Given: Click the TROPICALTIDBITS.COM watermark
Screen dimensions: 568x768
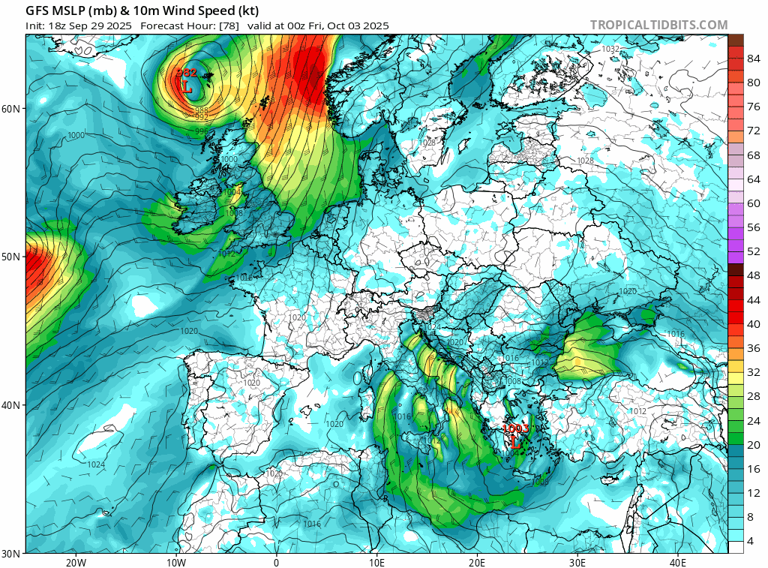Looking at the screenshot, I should [658, 25].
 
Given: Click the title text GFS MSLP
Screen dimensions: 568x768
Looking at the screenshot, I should [56, 11].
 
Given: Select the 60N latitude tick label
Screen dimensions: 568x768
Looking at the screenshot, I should [11, 109].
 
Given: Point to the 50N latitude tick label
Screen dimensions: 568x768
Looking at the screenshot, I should [11, 257].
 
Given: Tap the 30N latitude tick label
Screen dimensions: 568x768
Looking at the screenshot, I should [11, 554].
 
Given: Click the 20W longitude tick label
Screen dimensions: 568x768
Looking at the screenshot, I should [75, 563].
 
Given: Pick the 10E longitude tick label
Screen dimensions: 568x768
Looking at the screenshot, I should [376, 563].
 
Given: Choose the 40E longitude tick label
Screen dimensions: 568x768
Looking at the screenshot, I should [678, 563].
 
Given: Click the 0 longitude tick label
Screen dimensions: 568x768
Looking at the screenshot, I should [276, 563].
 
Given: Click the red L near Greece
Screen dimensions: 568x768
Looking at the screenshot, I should [515, 443].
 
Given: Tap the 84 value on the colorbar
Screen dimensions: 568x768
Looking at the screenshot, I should [754, 59].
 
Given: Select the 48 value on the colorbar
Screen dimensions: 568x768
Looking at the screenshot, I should [754, 275].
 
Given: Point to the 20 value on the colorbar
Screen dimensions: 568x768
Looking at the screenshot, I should [754, 444].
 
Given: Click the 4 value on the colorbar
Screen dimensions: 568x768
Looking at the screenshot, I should [754, 541].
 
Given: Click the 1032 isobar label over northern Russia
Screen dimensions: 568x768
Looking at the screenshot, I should [610, 49].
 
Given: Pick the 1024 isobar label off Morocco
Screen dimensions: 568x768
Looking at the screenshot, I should [96, 465].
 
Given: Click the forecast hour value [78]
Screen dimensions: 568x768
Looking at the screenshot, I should [228, 26].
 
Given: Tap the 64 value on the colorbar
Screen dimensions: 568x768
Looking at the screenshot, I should [754, 179].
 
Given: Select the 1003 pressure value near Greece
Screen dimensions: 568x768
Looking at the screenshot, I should [515, 428].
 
